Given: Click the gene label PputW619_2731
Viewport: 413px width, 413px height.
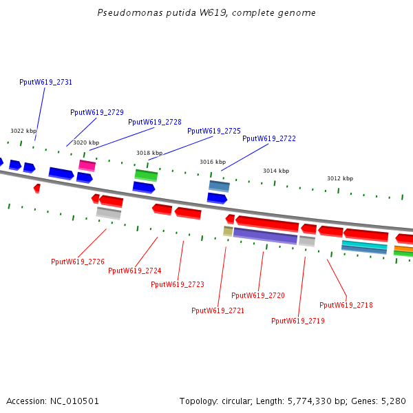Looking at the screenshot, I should coord(45,82).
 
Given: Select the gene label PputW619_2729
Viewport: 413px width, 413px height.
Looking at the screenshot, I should coord(97,112).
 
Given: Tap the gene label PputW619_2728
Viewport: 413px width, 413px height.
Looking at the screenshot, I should coord(155,122).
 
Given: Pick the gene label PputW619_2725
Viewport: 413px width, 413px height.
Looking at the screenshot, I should coord(214,131).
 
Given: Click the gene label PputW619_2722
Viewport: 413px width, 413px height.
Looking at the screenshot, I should coord(269,138).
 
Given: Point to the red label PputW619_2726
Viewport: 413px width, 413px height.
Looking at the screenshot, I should coord(78,262).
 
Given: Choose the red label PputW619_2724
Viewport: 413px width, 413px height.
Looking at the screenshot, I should coord(135,271).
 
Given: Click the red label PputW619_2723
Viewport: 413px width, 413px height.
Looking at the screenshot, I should coord(178,284).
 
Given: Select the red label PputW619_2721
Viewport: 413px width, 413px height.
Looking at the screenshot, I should coord(218,310).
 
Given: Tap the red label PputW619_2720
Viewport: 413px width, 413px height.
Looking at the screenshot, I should coord(258,295).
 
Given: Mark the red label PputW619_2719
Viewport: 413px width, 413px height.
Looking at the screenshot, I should coord(298,321).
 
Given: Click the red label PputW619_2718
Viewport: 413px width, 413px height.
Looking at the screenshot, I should coord(346,305).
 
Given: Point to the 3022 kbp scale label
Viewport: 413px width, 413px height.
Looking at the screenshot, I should coord(23,131).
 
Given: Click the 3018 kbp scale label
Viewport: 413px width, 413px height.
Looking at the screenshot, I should coord(149,153).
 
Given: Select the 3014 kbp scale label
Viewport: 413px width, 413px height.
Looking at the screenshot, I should coord(276,171).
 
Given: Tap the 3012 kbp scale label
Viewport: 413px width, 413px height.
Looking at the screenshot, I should coord(340,178).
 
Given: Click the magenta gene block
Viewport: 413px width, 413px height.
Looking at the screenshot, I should coord(87,165).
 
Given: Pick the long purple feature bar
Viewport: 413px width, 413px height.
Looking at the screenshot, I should coord(265,235).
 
